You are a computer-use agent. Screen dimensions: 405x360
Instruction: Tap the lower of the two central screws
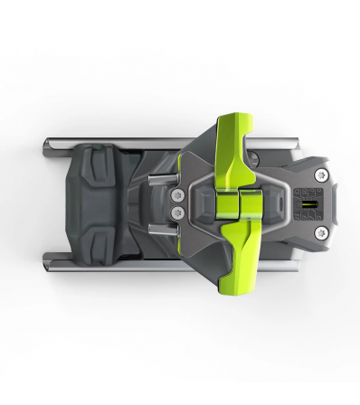pos(177,211)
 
